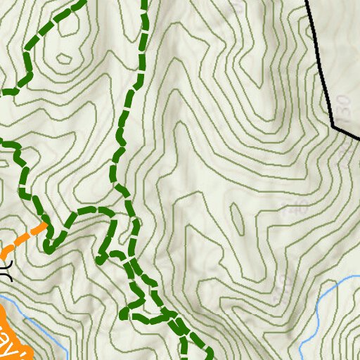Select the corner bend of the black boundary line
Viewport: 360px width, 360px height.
pos(333,127)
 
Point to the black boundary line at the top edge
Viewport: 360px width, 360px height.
pos(307,3)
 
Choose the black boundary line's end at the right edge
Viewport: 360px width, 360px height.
pos(358,137)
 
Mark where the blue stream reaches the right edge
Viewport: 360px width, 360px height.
pos(358,279)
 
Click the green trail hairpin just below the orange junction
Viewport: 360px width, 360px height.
pos(48,246)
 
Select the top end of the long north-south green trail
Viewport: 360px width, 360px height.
pos(144,2)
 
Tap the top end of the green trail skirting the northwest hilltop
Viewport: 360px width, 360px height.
pos(82,2)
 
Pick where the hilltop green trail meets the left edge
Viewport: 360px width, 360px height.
pos(2,92)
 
